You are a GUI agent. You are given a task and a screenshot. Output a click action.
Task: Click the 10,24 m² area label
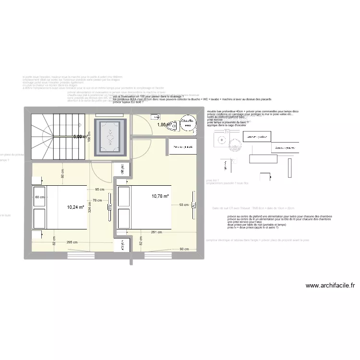[76, 207]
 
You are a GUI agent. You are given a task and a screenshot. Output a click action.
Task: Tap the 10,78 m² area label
[160, 196]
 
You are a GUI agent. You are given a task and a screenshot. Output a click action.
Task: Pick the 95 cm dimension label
[100, 190]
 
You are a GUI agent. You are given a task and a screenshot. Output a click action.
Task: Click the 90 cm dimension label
[185, 249]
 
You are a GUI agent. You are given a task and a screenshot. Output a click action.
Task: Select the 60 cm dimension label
[39, 197]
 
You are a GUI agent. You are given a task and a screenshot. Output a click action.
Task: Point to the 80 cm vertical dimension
[62, 173]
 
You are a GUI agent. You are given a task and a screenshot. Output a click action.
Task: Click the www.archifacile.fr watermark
[330, 285]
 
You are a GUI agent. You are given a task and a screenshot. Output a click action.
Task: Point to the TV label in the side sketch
[228, 131]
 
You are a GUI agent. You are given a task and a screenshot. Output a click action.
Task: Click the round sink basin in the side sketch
[222, 141]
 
